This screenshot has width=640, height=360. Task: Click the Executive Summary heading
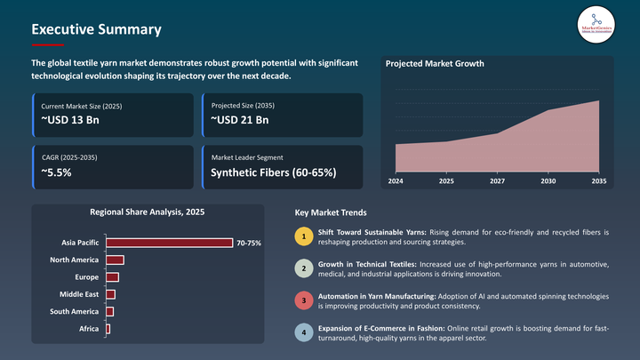pos(96,29)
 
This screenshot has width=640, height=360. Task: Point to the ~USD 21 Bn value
pos(240,120)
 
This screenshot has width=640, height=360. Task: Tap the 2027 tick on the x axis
pos(497,181)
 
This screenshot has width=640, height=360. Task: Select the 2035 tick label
pos(598,181)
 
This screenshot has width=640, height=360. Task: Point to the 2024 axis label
pos(396,181)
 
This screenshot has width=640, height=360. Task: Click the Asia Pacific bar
pos(169,243)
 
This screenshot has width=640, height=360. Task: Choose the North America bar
pos(115,260)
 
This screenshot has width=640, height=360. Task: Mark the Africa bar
pos(108,329)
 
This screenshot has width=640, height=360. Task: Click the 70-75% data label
pos(249,243)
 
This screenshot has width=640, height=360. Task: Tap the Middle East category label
pos(79,294)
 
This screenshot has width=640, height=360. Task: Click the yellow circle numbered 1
pos(304,237)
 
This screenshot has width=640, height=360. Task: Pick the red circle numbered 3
pos(304,300)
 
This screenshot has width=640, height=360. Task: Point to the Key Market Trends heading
pos(330,213)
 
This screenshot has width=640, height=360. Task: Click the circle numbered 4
pos(304,332)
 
